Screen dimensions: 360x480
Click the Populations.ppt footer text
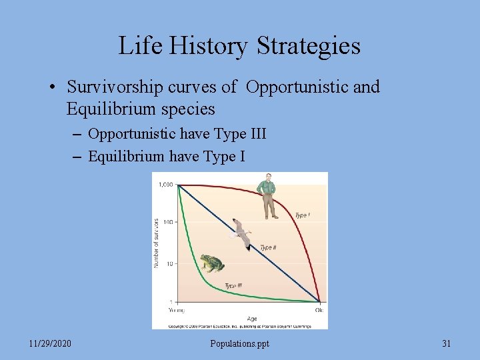[x=239, y=343]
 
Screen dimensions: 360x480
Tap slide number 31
[x=447, y=343]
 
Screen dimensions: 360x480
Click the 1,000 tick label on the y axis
[x=165, y=185]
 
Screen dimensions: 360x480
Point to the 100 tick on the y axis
[x=167, y=221]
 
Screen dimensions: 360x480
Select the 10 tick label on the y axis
[x=169, y=263]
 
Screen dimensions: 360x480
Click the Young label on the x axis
[x=176, y=310]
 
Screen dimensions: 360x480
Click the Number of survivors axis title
[x=157, y=243]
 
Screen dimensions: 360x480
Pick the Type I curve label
[x=302, y=215]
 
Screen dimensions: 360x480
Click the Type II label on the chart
[x=268, y=247]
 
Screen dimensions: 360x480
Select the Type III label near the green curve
[x=233, y=285]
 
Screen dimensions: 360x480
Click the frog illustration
[x=211, y=263]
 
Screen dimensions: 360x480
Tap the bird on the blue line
[x=241, y=233]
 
